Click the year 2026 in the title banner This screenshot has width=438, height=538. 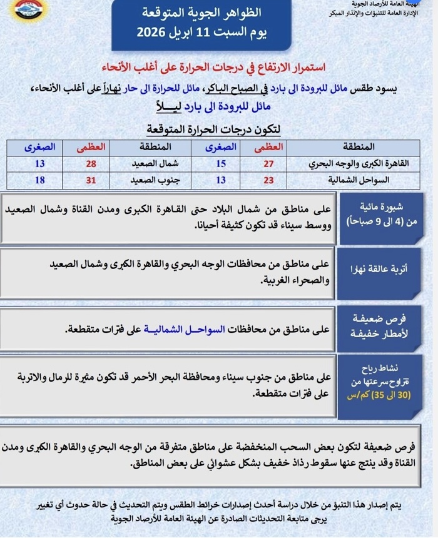tap(152, 33)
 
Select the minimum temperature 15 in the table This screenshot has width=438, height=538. tap(221, 163)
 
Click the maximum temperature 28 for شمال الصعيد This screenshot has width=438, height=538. tap(91, 163)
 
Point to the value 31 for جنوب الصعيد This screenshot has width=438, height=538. tap(91, 180)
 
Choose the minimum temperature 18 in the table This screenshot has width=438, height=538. tap(41, 180)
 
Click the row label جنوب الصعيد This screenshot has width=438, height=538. tap(153, 180)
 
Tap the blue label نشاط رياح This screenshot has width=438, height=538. tap(379, 368)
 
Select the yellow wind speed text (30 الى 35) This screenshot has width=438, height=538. tap(379, 395)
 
